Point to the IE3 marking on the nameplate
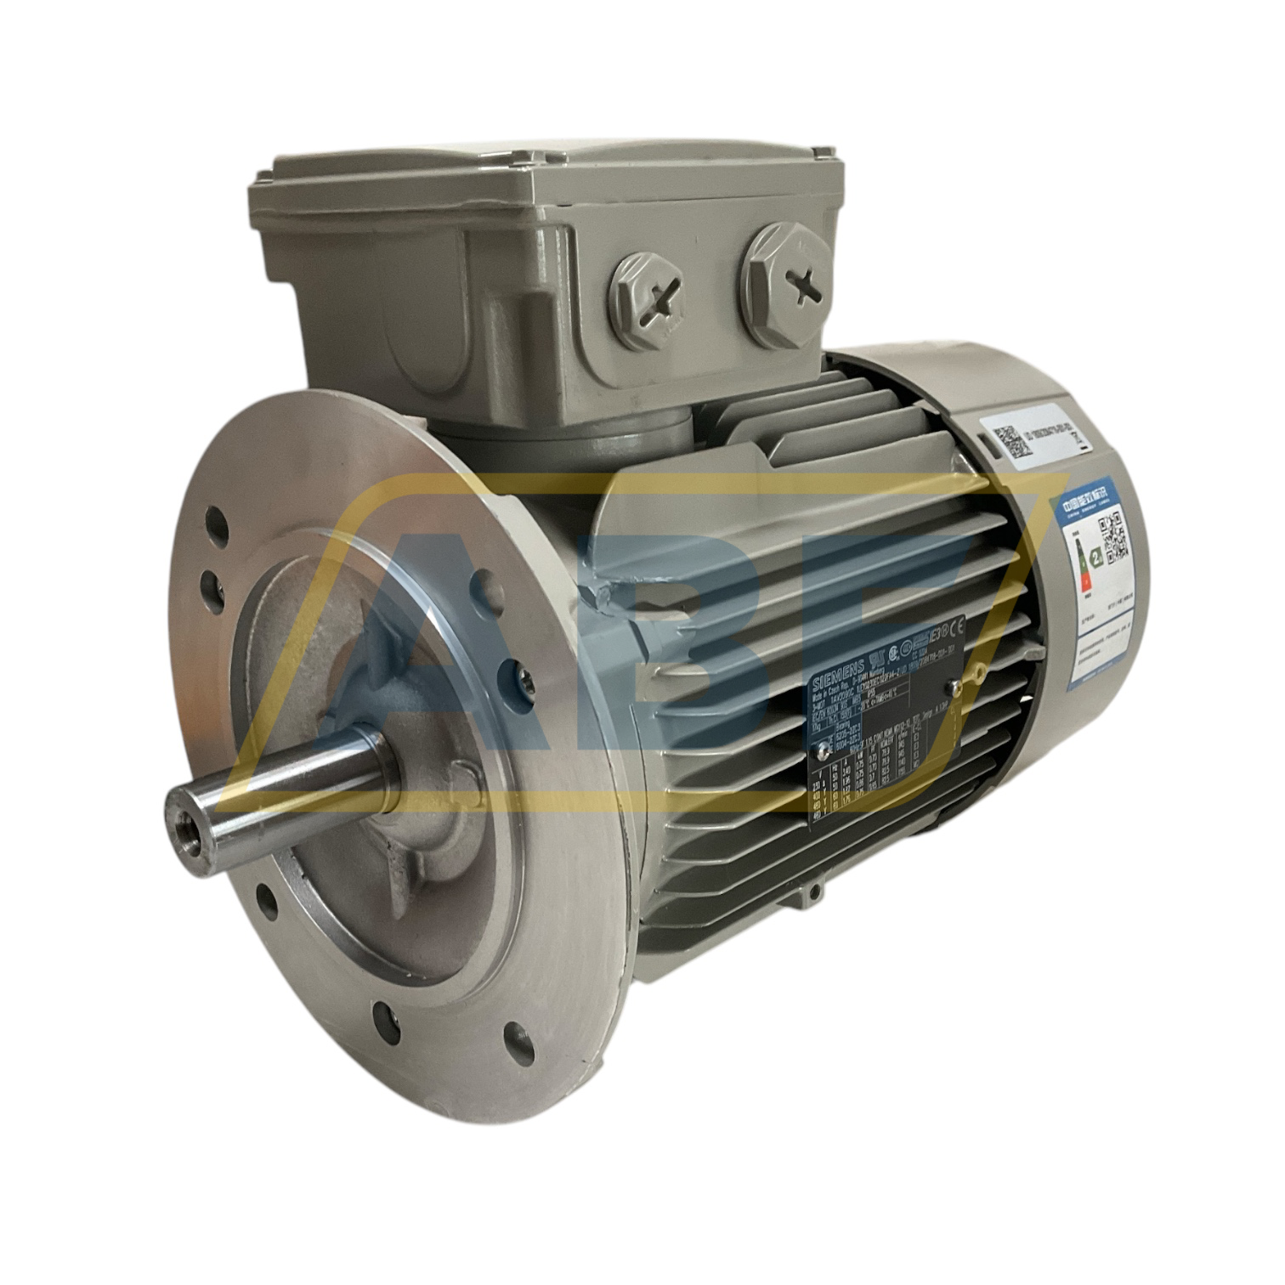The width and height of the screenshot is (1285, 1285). click(934, 636)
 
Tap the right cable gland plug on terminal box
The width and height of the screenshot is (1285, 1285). click(786, 285)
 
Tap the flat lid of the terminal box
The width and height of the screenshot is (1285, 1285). click(544, 178)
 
